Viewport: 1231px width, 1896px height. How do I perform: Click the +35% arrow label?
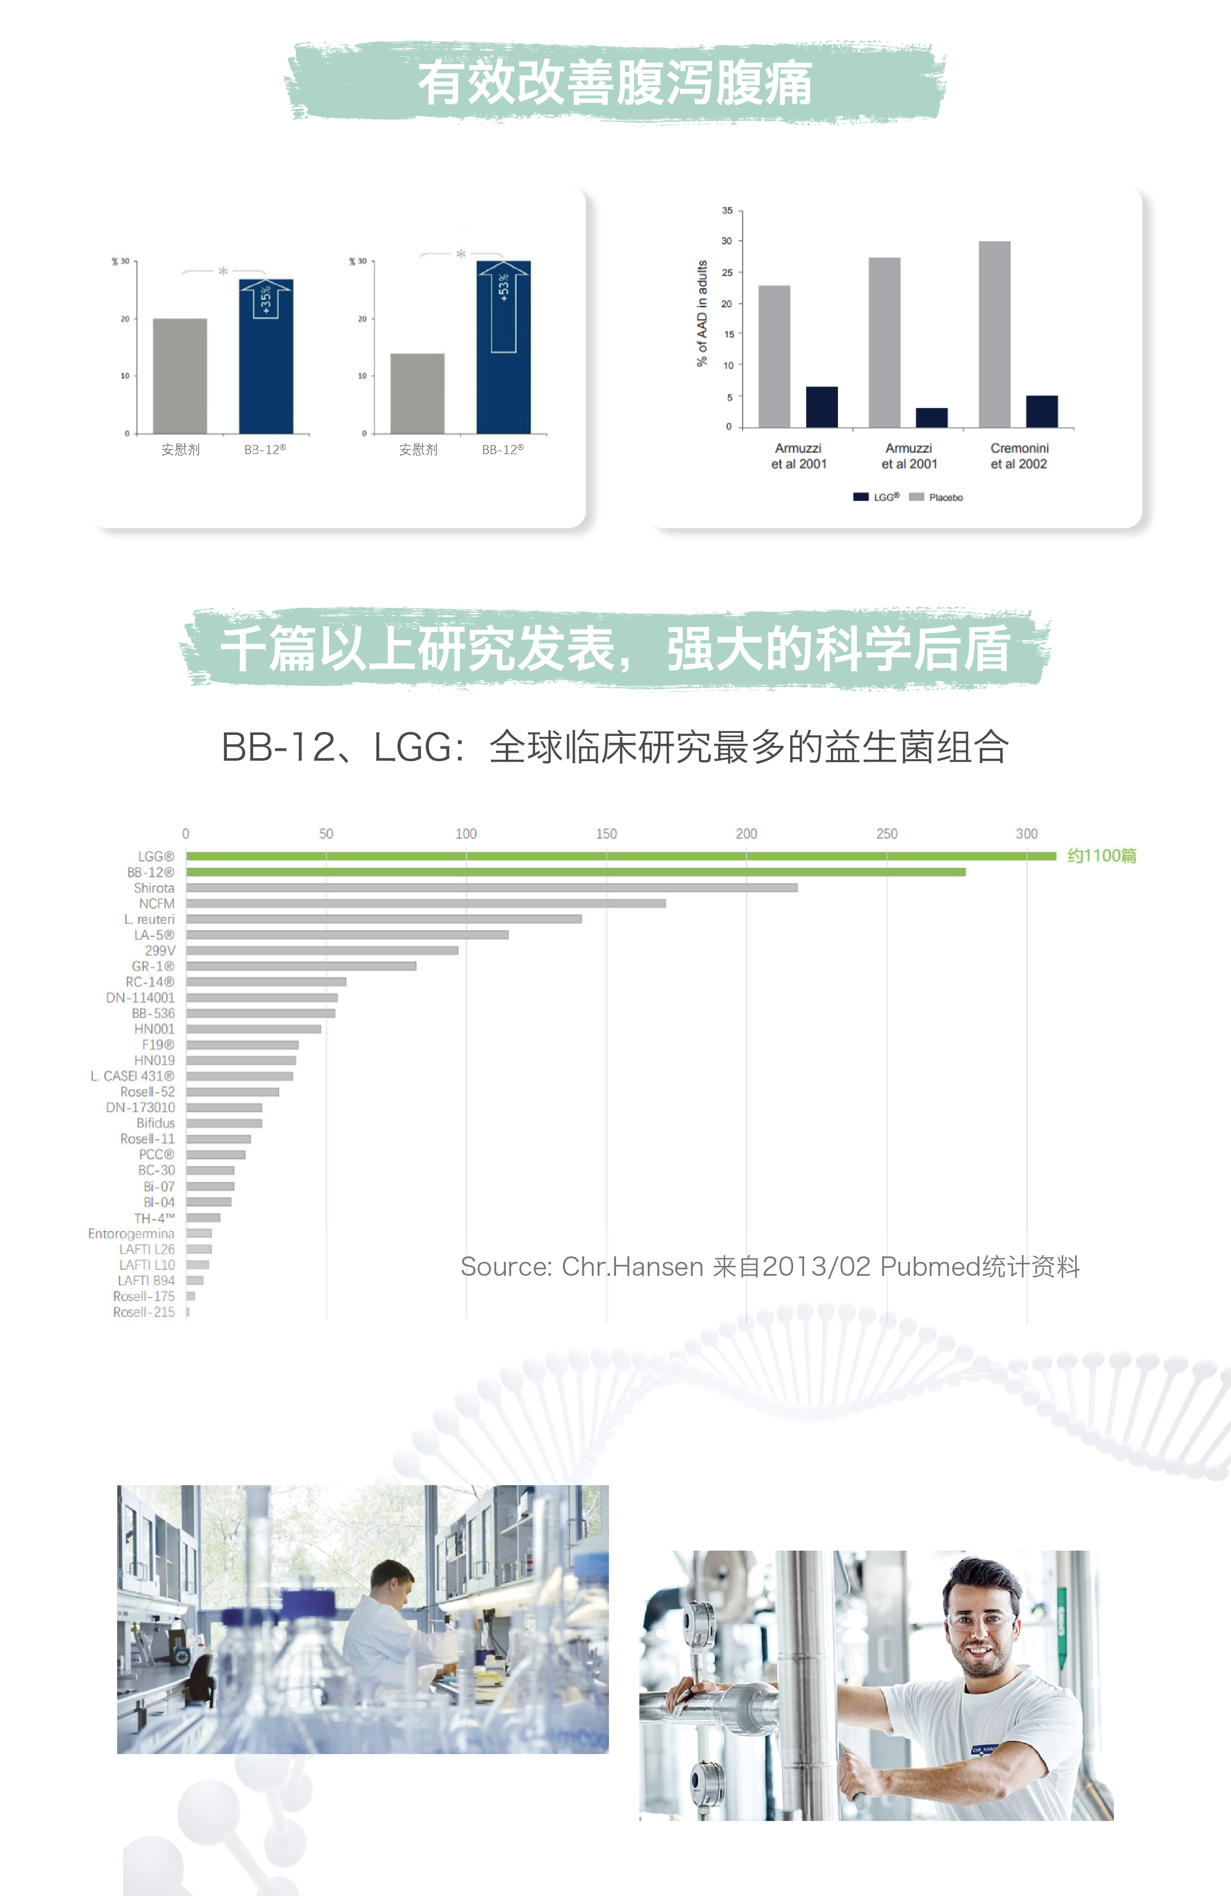(x=266, y=299)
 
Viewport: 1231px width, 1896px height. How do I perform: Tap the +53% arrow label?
(x=503, y=288)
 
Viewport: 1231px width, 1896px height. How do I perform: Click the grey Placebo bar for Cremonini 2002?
(x=994, y=334)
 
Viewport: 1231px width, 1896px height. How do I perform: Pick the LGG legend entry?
(x=877, y=497)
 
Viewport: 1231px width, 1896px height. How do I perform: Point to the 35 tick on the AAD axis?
(x=727, y=211)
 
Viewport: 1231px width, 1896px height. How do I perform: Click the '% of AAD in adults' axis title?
(x=702, y=313)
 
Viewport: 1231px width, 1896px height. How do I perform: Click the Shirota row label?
(x=154, y=887)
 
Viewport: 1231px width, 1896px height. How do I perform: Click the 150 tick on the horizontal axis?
(x=607, y=833)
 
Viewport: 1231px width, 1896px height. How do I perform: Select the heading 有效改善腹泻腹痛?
(x=615, y=83)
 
